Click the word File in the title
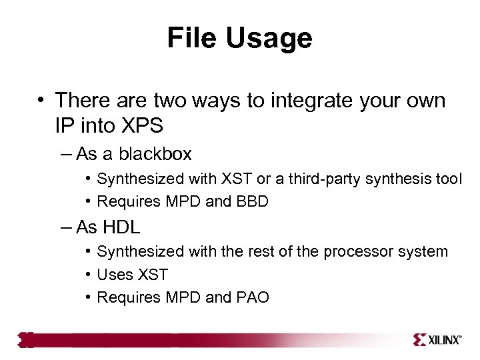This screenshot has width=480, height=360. click(x=192, y=38)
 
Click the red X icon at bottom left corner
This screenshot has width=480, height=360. click(x=25, y=340)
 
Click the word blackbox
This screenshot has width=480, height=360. click(x=155, y=155)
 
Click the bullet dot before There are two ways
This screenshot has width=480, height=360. click(x=41, y=101)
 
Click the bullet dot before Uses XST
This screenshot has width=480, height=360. click(x=89, y=275)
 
